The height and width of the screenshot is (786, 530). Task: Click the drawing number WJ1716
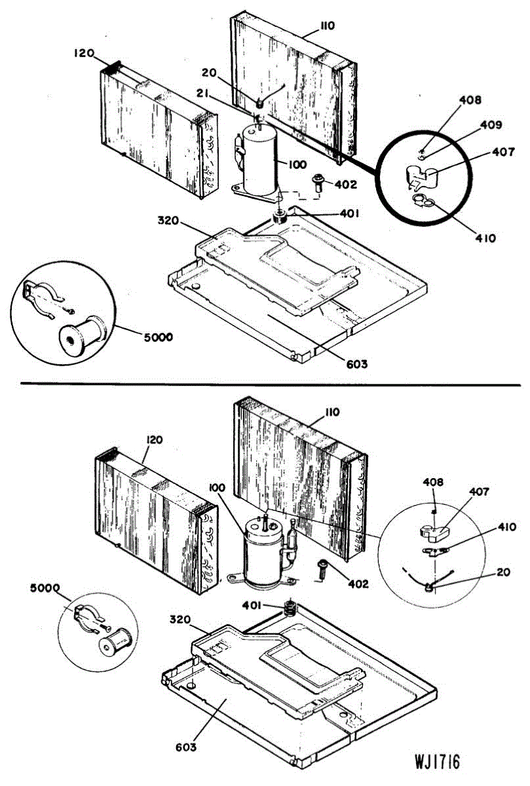pyautogui.click(x=437, y=762)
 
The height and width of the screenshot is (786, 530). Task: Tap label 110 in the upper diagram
pyautogui.click(x=328, y=26)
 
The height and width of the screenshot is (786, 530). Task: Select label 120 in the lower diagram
pyautogui.click(x=155, y=440)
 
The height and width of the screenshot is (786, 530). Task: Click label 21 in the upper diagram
pyautogui.click(x=202, y=95)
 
